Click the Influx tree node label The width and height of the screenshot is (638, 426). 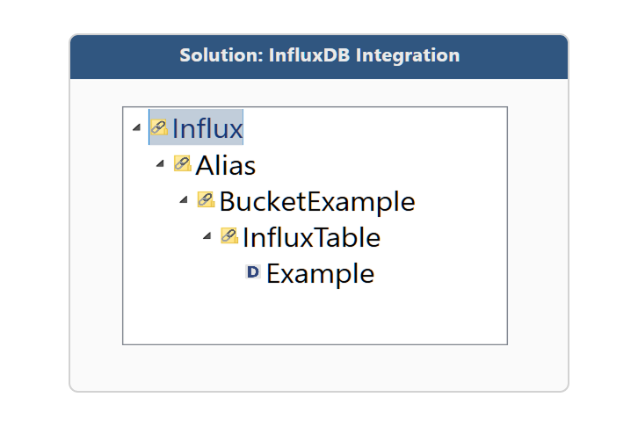(x=207, y=128)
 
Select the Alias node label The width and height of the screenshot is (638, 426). (x=226, y=165)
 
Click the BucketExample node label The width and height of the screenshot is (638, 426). (x=317, y=202)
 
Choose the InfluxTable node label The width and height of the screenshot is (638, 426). (x=312, y=237)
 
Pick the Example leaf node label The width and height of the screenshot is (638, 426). (x=321, y=273)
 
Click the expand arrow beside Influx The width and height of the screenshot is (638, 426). (x=137, y=127)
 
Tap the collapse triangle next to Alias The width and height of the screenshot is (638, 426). (x=160, y=164)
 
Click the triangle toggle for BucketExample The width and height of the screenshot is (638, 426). (x=184, y=199)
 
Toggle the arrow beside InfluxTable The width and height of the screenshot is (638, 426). (x=207, y=235)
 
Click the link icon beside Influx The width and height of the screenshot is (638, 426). (x=159, y=127)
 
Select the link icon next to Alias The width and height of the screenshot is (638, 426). (x=183, y=163)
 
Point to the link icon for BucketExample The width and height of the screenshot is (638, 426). (x=207, y=199)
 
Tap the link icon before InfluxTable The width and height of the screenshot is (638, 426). (x=229, y=235)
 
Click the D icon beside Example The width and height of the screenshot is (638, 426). (x=253, y=271)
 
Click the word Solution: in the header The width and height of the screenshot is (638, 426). (x=221, y=55)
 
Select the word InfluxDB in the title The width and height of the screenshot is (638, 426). (x=309, y=55)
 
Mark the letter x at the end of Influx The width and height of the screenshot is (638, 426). (x=235, y=130)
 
